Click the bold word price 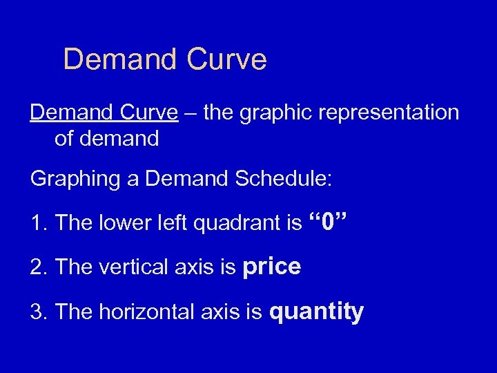pyautogui.click(x=272, y=267)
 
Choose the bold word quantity pyautogui.click(x=316, y=312)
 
